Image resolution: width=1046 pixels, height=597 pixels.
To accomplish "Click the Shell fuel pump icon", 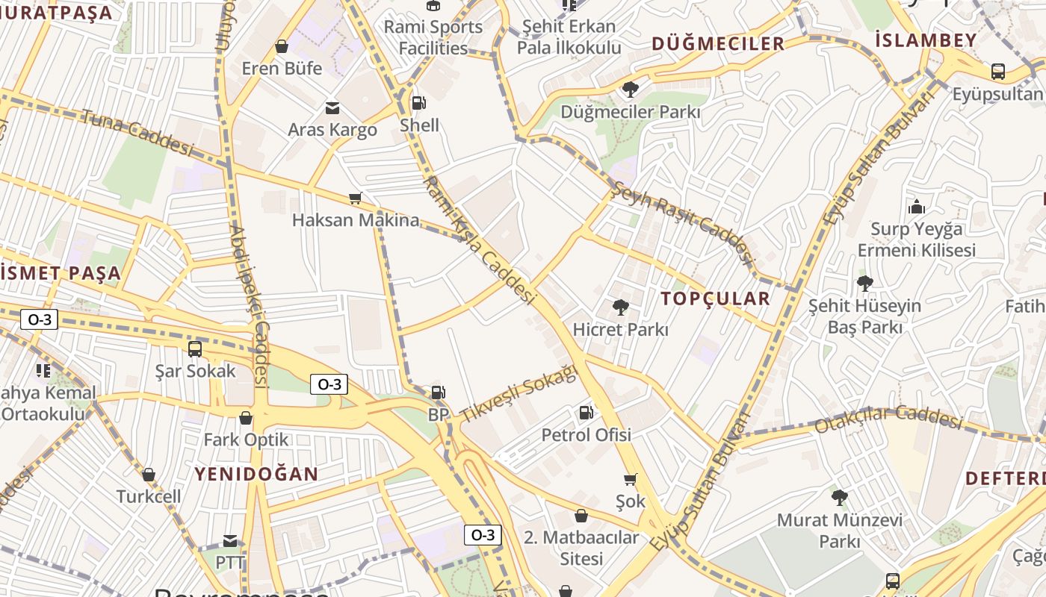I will [x=419, y=102].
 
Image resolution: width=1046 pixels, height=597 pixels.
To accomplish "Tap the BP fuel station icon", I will [x=438, y=392].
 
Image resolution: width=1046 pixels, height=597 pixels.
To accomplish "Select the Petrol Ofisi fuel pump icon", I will [x=587, y=412].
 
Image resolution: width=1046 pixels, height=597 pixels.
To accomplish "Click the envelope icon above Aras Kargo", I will [x=332, y=108].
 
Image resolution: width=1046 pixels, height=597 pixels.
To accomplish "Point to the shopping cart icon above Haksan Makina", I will [x=356, y=199].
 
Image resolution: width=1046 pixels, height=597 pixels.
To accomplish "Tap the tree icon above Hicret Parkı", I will [x=620, y=307].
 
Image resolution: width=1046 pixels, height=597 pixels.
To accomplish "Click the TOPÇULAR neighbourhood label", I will [x=715, y=299].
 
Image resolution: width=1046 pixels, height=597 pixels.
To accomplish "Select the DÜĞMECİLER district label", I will [x=718, y=43].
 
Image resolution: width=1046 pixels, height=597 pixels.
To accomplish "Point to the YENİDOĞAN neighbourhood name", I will [x=256, y=474].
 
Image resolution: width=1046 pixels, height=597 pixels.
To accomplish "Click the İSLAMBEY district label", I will [x=926, y=40].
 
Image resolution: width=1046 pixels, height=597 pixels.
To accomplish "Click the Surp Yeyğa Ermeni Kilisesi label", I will [x=917, y=239].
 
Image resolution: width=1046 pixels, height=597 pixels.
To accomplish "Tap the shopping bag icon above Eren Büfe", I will [x=282, y=46].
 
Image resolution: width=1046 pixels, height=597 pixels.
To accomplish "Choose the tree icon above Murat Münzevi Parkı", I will [x=840, y=497].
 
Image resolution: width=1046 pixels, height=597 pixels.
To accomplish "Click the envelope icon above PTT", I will [x=230, y=541].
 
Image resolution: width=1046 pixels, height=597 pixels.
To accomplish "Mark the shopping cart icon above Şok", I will [x=631, y=479].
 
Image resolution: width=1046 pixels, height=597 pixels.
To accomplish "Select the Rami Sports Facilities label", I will [x=433, y=37].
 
